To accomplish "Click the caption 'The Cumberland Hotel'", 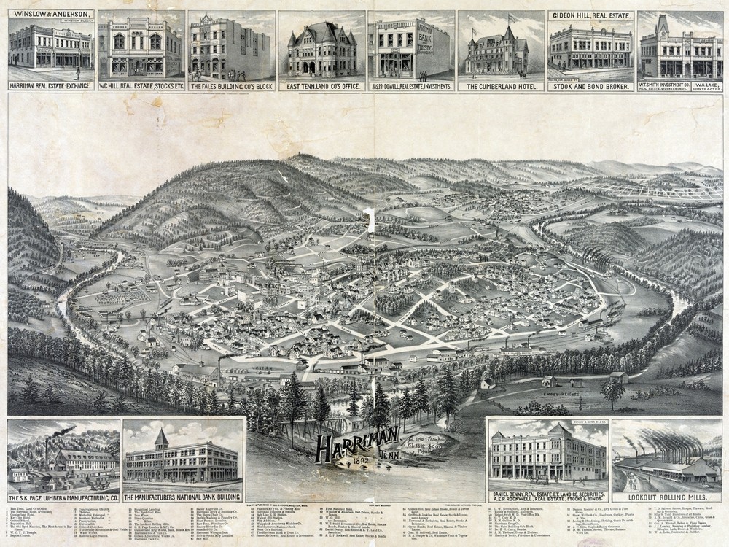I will click(501, 86).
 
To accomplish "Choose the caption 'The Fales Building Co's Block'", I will click(230, 86).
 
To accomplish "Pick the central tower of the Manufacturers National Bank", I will click(161, 438).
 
